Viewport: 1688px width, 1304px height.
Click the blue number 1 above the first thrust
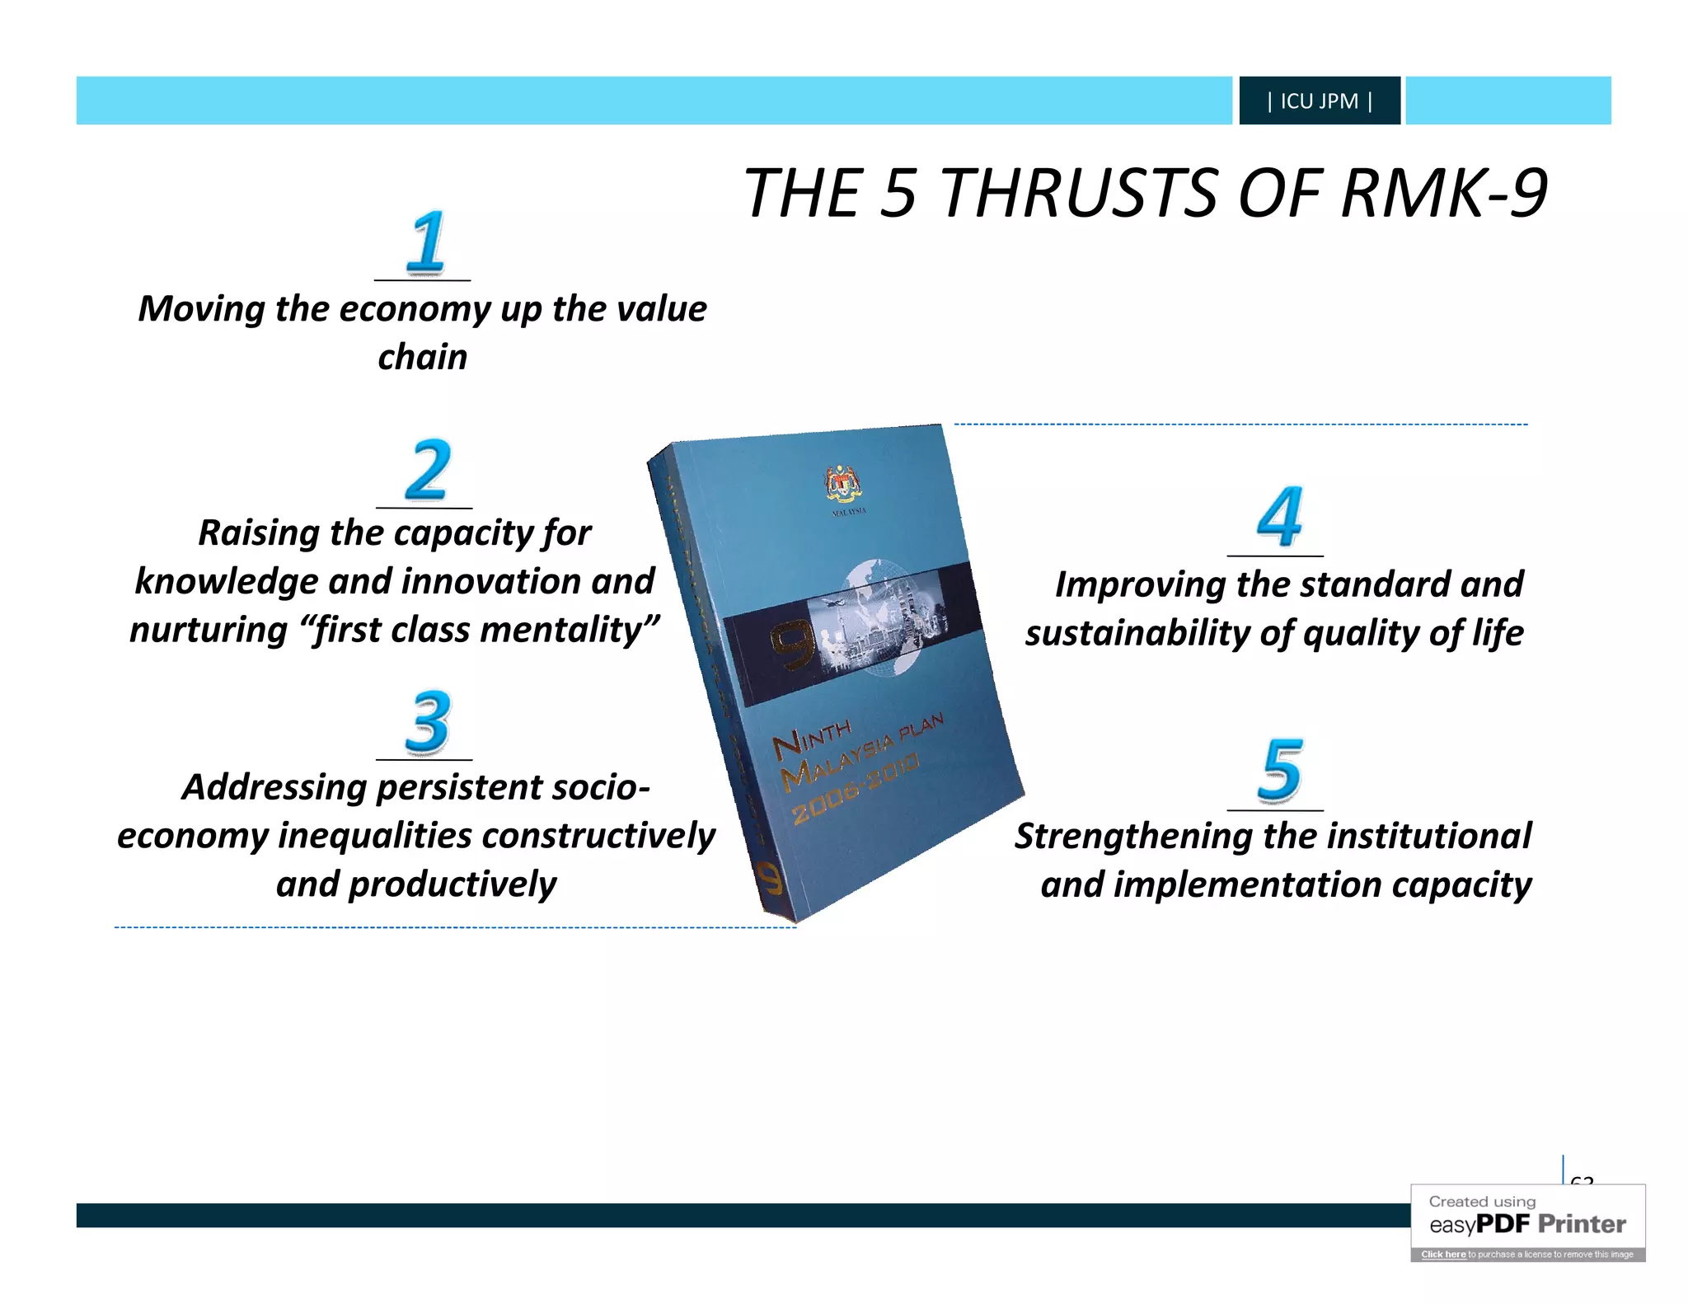[x=426, y=242]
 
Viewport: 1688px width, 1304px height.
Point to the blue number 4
[x=1279, y=517]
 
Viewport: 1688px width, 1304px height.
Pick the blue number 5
[x=1281, y=770]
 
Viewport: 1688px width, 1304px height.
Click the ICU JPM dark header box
[x=1319, y=101]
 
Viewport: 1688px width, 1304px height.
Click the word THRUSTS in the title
[x=1079, y=194]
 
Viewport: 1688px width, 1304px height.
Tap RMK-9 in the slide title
[x=1444, y=194]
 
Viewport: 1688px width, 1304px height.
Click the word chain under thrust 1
[x=422, y=358]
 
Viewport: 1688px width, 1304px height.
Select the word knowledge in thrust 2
[x=227, y=582]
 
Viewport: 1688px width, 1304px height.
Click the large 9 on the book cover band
[x=793, y=645]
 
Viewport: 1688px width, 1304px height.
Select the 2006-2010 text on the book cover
[x=855, y=788]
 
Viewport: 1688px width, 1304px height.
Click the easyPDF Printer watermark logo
[x=1527, y=1224]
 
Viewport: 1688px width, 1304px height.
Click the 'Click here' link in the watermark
[x=1442, y=1255]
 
